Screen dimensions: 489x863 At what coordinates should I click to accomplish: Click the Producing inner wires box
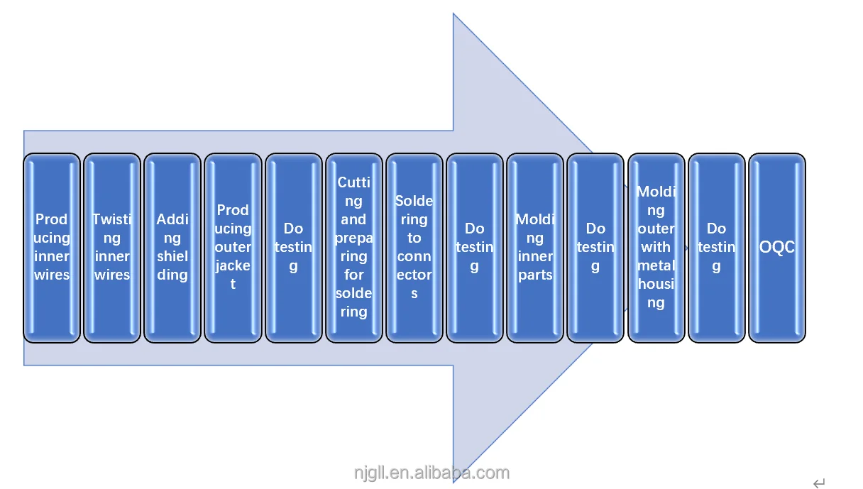52,247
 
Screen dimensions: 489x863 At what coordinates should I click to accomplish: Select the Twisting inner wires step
112,247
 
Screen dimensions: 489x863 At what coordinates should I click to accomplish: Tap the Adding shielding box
172,247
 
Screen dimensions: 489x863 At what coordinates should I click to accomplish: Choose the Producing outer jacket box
233,247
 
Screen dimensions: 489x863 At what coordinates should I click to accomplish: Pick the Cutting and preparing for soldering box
353,247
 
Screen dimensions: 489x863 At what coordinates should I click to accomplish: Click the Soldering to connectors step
414,247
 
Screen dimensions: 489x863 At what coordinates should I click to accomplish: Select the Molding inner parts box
535,247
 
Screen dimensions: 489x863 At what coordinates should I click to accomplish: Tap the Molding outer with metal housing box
656,247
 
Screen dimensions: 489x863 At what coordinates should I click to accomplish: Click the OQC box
777,247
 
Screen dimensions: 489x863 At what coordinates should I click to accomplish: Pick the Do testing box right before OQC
717,247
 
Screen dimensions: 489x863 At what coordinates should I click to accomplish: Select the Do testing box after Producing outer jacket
293,247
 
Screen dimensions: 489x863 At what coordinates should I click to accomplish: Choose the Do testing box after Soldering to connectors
475,247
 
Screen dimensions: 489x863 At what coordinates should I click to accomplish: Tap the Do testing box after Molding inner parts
595,247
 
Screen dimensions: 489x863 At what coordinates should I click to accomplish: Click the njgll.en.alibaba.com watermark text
431,473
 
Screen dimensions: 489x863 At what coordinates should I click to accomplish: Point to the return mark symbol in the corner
819,483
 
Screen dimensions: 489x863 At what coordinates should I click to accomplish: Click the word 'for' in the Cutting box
353,275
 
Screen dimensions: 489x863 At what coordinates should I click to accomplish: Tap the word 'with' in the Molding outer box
656,247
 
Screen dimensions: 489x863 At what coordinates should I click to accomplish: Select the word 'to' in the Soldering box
414,238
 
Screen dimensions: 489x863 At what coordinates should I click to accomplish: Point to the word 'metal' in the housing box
656,265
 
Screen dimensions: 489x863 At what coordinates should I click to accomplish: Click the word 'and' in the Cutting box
353,219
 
